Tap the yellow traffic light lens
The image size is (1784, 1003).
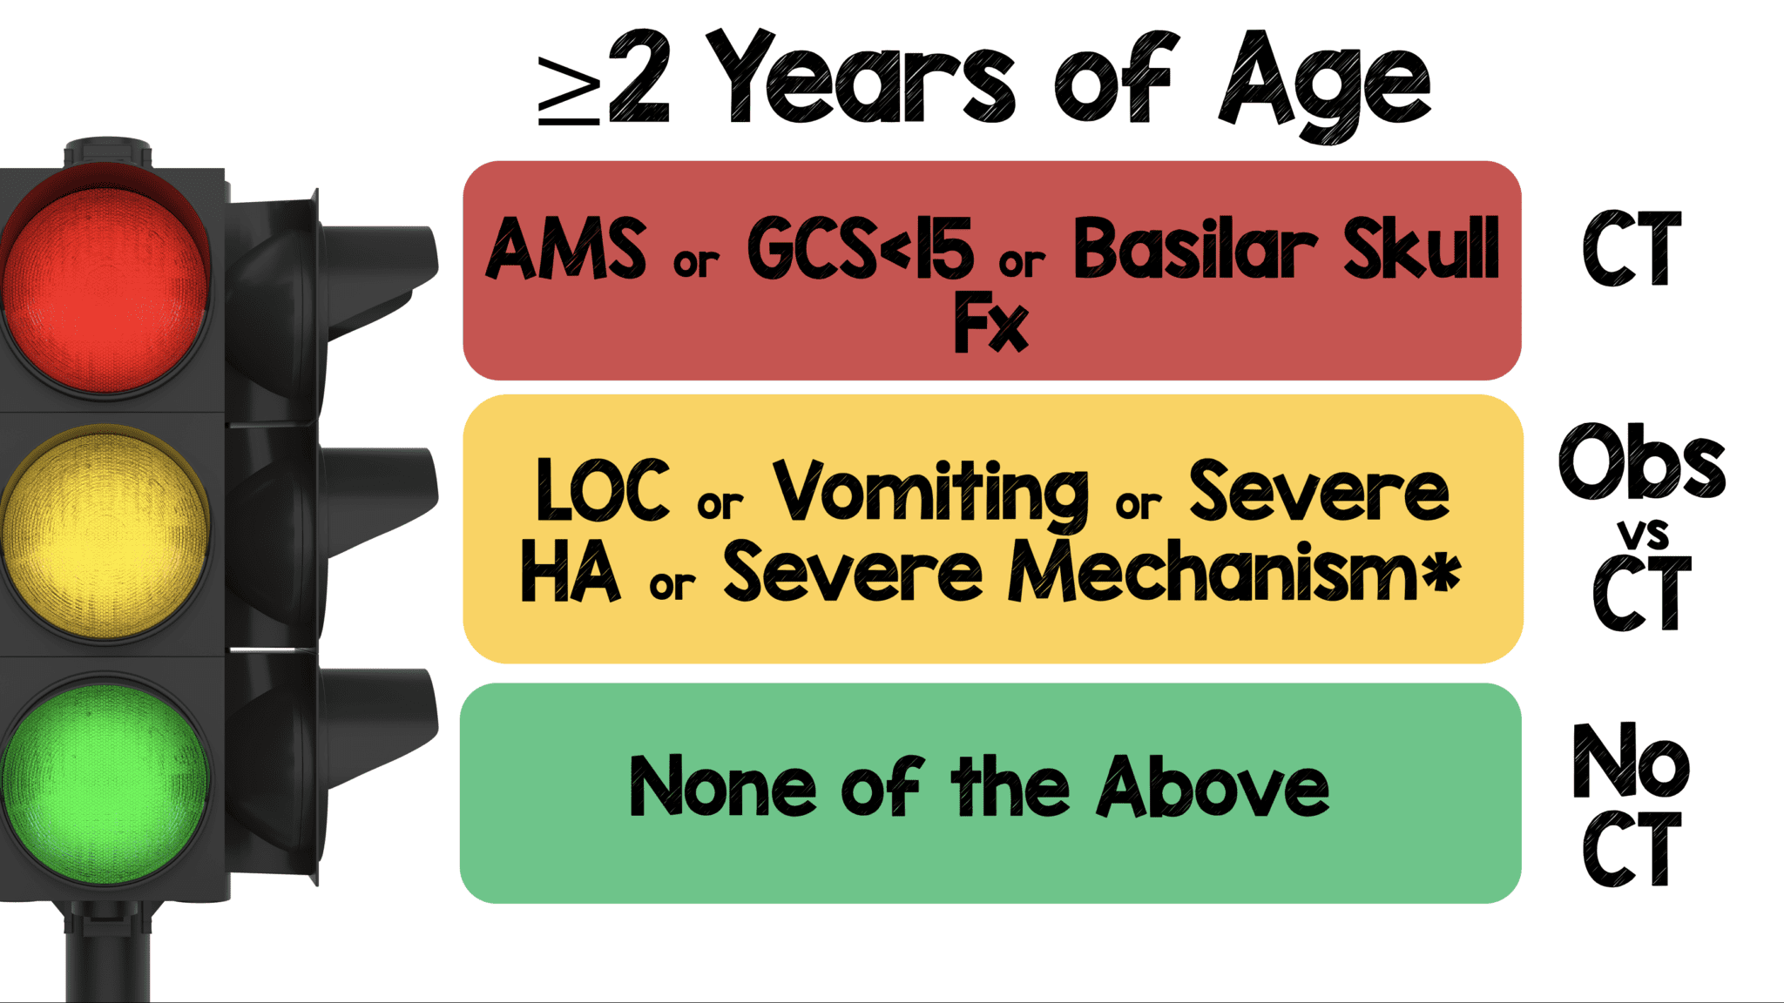(105, 533)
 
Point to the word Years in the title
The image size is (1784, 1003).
(867, 78)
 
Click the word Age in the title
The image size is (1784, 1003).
(1324, 83)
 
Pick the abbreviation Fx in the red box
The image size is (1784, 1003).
(990, 324)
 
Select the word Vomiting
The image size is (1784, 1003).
(930, 493)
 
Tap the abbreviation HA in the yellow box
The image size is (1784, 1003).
(571, 572)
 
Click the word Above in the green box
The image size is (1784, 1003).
(1213, 786)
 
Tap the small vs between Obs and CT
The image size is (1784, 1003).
(1643, 533)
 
